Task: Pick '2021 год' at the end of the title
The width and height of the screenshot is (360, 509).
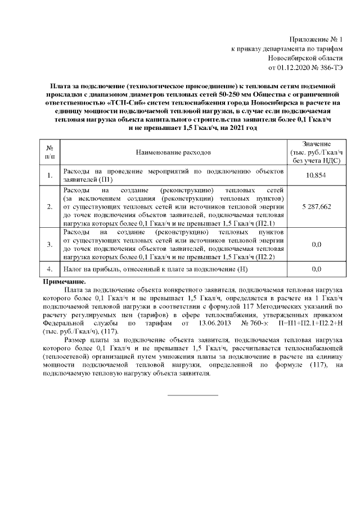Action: pos(244,128)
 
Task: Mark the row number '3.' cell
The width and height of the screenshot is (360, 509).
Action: pos(49,244)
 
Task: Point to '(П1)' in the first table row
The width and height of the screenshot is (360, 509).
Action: pos(106,180)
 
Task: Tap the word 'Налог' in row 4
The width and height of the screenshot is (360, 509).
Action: pos(74,269)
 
